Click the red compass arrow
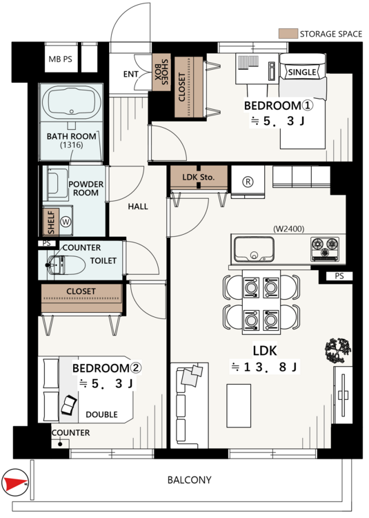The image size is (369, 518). coord(15,483)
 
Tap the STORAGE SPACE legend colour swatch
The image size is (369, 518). coord(288,34)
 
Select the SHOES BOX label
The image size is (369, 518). coord(161,72)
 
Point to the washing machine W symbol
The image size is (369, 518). coord(66,221)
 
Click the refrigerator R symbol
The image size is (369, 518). coord(248,182)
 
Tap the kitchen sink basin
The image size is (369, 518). coord(254,249)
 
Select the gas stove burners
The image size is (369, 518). coord(325,247)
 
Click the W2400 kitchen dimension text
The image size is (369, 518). coord(288,229)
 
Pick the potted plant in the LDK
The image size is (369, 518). coord(338,350)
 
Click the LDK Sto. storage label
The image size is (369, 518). coord(198,177)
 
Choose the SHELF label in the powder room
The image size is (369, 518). coord(51,222)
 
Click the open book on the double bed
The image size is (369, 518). coord(69,405)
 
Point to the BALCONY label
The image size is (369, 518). coord(189,480)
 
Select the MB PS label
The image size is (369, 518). coord(60,59)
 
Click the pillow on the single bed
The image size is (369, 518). coord(302,72)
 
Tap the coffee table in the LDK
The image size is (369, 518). coord(239,405)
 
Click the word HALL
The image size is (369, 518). coord(138,207)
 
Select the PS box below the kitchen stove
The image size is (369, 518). coord(339,276)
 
